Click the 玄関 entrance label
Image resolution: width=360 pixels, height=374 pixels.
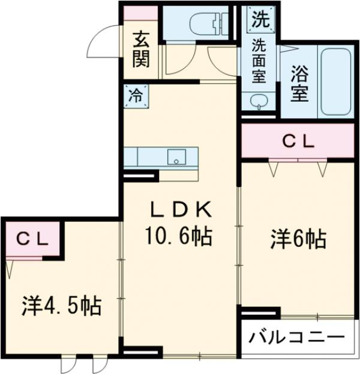(x=141, y=50)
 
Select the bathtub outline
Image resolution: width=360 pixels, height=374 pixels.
(x=338, y=82)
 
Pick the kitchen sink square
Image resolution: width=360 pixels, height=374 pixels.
(x=176, y=157)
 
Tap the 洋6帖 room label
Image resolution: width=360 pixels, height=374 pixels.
(x=297, y=240)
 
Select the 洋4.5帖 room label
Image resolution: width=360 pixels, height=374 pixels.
(x=62, y=306)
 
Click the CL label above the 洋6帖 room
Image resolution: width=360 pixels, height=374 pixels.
(x=298, y=142)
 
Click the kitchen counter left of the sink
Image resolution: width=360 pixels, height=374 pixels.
(x=150, y=157)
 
